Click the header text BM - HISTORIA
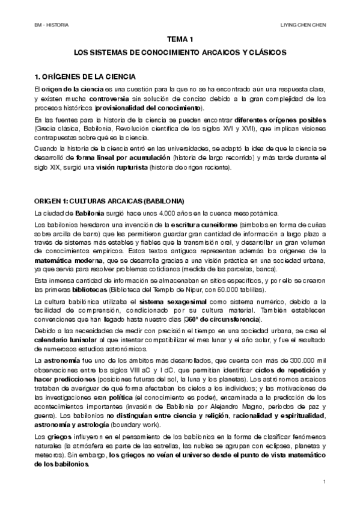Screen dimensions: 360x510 coord(52,25)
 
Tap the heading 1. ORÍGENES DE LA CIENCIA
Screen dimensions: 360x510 coord(85,77)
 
